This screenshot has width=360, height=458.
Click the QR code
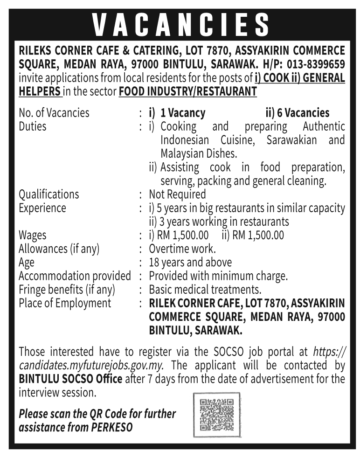[x=217, y=414]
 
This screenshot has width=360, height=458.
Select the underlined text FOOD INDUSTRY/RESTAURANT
[x=188, y=91]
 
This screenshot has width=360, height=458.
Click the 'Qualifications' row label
[x=49, y=194]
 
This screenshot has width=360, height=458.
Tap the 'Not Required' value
[x=177, y=194]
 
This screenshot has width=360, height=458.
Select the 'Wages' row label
[x=33, y=235]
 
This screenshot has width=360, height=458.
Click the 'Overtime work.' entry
[x=182, y=249]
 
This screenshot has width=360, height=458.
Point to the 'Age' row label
[x=27, y=262]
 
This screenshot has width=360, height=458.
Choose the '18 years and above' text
[x=190, y=262]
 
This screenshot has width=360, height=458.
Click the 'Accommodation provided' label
[x=75, y=276]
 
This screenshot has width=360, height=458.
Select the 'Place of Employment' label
[x=65, y=303]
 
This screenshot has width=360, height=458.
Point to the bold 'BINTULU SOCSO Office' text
[x=70, y=379]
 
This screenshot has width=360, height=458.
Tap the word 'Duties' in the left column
[x=33, y=126]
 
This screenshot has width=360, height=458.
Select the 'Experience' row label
[x=42, y=208]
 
